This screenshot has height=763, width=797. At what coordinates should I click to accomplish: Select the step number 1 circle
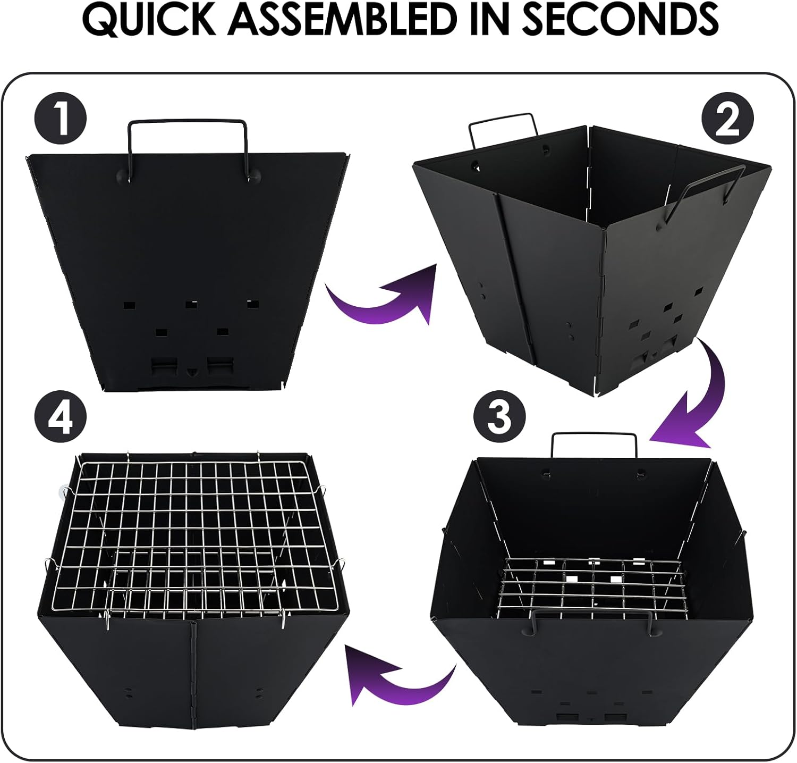click(61, 120)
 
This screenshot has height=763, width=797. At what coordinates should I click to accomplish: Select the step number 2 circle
click(727, 120)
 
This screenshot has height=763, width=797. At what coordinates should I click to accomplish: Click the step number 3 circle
click(499, 417)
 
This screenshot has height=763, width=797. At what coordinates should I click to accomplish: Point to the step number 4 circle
click(61, 417)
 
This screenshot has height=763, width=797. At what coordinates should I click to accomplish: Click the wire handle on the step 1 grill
click(187, 123)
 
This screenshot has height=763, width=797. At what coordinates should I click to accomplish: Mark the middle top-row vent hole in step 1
click(191, 305)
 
